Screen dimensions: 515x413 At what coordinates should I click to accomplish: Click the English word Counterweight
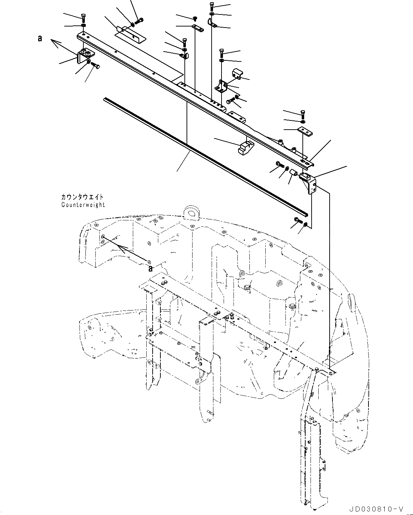pos(83,205)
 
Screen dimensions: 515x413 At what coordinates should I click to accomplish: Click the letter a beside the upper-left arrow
pos(40,39)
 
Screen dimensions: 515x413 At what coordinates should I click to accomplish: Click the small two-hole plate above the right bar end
pos(305,131)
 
